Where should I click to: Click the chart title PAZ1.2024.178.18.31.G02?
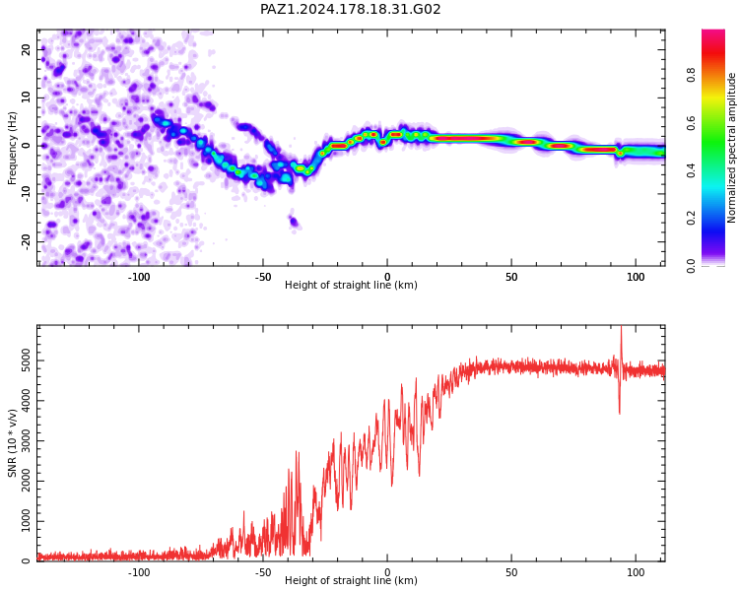click(x=350, y=9)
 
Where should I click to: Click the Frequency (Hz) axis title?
click(x=12, y=148)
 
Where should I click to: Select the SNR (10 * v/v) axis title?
click(x=12, y=443)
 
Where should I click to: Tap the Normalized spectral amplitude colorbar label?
click(x=731, y=148)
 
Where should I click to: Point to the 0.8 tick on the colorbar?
click(x=691, y=75)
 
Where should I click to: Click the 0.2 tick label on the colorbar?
click(x=691, y=219)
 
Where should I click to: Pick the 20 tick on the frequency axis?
click(x=27, y=49)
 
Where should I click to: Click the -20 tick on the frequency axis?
click(x=27, y=241)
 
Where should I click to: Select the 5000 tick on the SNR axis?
click(x=27, y=361)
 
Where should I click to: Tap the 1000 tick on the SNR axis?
click(x=27, y=521)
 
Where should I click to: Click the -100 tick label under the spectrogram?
click(x=139, y=277)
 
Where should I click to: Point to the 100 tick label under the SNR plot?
click(x=636, y=572)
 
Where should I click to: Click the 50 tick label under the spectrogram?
click(x=511, y=277)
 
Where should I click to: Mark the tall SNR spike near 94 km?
click(x=621, y=370)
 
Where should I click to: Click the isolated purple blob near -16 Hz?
click(x=294, y=221)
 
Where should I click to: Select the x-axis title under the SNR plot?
click(x=351, y=580)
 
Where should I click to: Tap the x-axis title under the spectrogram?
click(x=351, y=285)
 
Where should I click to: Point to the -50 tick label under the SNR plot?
click(x=263, y=572)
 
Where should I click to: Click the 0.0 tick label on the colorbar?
click(x=691, y=266)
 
